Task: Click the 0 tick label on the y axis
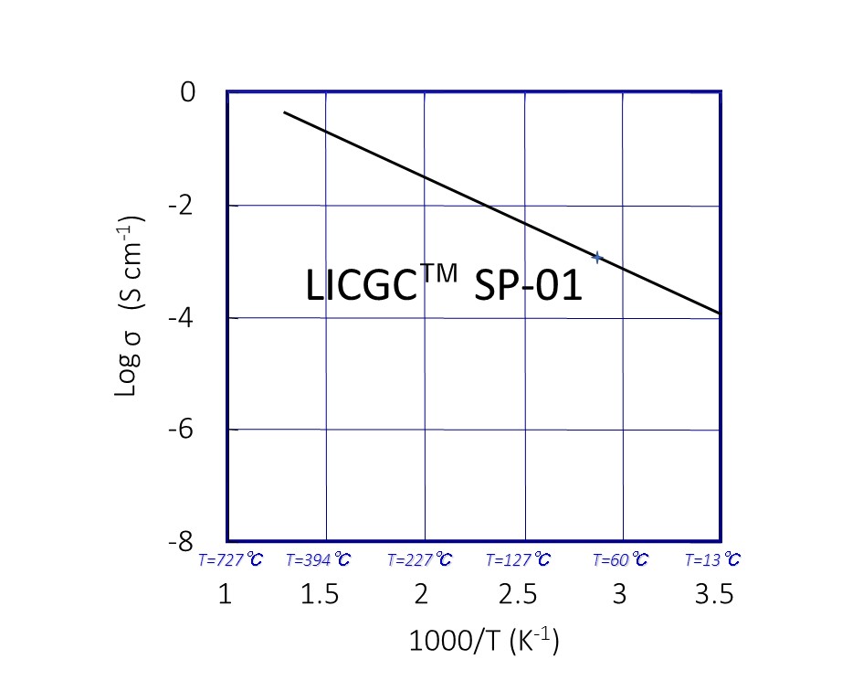188,93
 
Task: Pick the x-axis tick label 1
226,596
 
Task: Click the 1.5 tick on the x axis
321,596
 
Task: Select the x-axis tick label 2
421,596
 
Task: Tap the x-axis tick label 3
619,596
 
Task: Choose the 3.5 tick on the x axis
713,596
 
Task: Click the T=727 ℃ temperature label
230,560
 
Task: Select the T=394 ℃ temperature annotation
318,560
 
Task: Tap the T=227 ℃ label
419,560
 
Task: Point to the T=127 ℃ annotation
518,560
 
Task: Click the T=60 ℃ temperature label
620,560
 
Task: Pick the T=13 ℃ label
712,560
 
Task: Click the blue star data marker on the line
596,258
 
